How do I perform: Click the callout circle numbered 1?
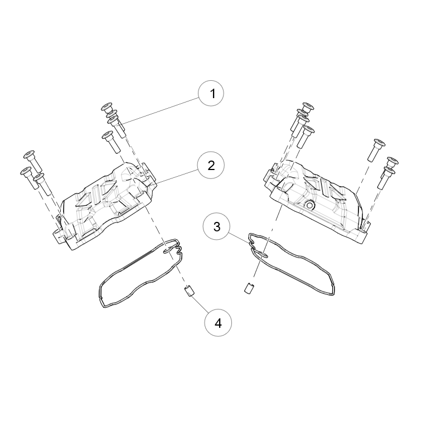click(x=211, y=93)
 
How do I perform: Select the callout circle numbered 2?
click(x=211, y=165)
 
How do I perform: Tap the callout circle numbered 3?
click(x=216, y=227)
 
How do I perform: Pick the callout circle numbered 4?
click(x=218, y=323)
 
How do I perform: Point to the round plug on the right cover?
click(x=309, y=205)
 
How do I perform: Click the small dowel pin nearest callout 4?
click(x=189, y=291)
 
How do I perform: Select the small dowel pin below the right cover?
click(x=249, y=288)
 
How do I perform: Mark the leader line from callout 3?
click(x=240, y=239)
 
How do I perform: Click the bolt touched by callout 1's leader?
click(x=116, y=127)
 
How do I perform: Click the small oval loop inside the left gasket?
click(x=168, y=250)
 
